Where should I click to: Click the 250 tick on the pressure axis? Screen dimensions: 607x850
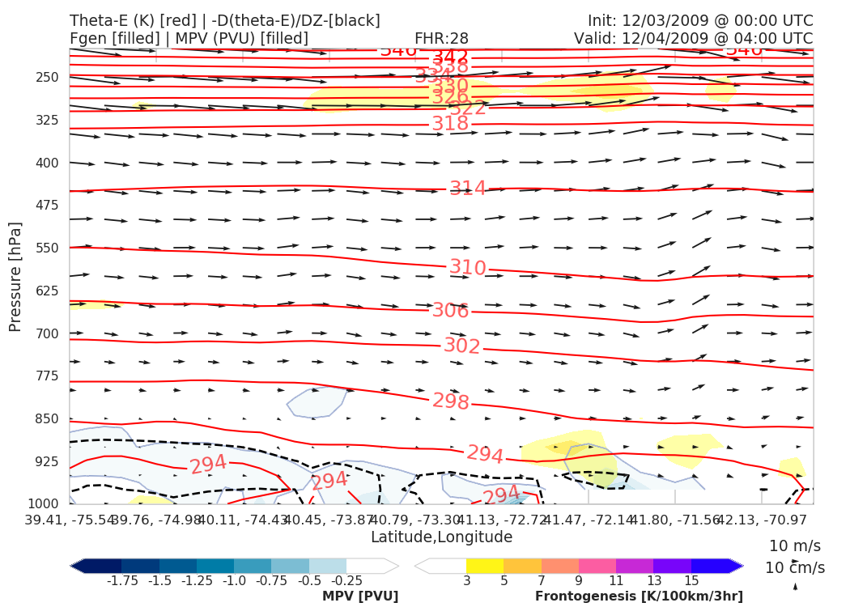[x=48, y=78]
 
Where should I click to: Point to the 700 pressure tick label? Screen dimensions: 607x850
[x=48, y=333]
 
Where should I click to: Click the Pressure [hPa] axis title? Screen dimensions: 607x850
[x=15, y=276]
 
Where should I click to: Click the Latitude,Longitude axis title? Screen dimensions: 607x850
[x=441, y=537]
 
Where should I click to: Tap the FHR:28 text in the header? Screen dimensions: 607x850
[x=441, y=39]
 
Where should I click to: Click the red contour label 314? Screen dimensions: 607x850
[x=468, y=189]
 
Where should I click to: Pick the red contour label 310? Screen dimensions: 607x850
[x=468, y=268]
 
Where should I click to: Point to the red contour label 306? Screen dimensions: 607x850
[x=450, y=311]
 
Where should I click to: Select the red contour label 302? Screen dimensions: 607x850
[x=461, y=346]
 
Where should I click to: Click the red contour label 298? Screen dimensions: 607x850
[x=450, y=401]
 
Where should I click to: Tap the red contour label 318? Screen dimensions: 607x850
[x=450, y=124]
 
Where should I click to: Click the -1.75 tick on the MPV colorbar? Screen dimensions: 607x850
[x=121, y=581]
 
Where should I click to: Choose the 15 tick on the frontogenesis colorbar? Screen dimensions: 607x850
[x=691, y=581]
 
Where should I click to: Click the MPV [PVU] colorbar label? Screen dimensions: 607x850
[x=360, y=596]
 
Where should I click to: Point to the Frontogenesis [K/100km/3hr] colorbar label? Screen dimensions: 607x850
[x=639, y=596]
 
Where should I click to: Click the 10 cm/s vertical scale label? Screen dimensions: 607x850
[x=796, y=568]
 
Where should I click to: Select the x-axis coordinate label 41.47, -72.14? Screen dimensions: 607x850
[x=589, y=519]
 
